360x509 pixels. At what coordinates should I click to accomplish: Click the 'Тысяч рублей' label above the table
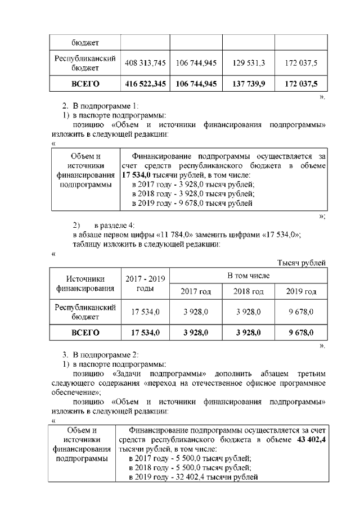pos(302,263)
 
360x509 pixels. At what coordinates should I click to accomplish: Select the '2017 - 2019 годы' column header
pos(145,283)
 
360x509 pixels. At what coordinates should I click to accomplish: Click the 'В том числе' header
pos(248,276)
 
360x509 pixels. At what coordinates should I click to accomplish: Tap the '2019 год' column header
pos(301,291)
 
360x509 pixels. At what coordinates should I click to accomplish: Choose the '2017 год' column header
pos(196,291)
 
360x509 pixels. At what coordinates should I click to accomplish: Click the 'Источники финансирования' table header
pos(85,283)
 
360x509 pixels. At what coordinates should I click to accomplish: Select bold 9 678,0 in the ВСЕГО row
pos(301,333)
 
